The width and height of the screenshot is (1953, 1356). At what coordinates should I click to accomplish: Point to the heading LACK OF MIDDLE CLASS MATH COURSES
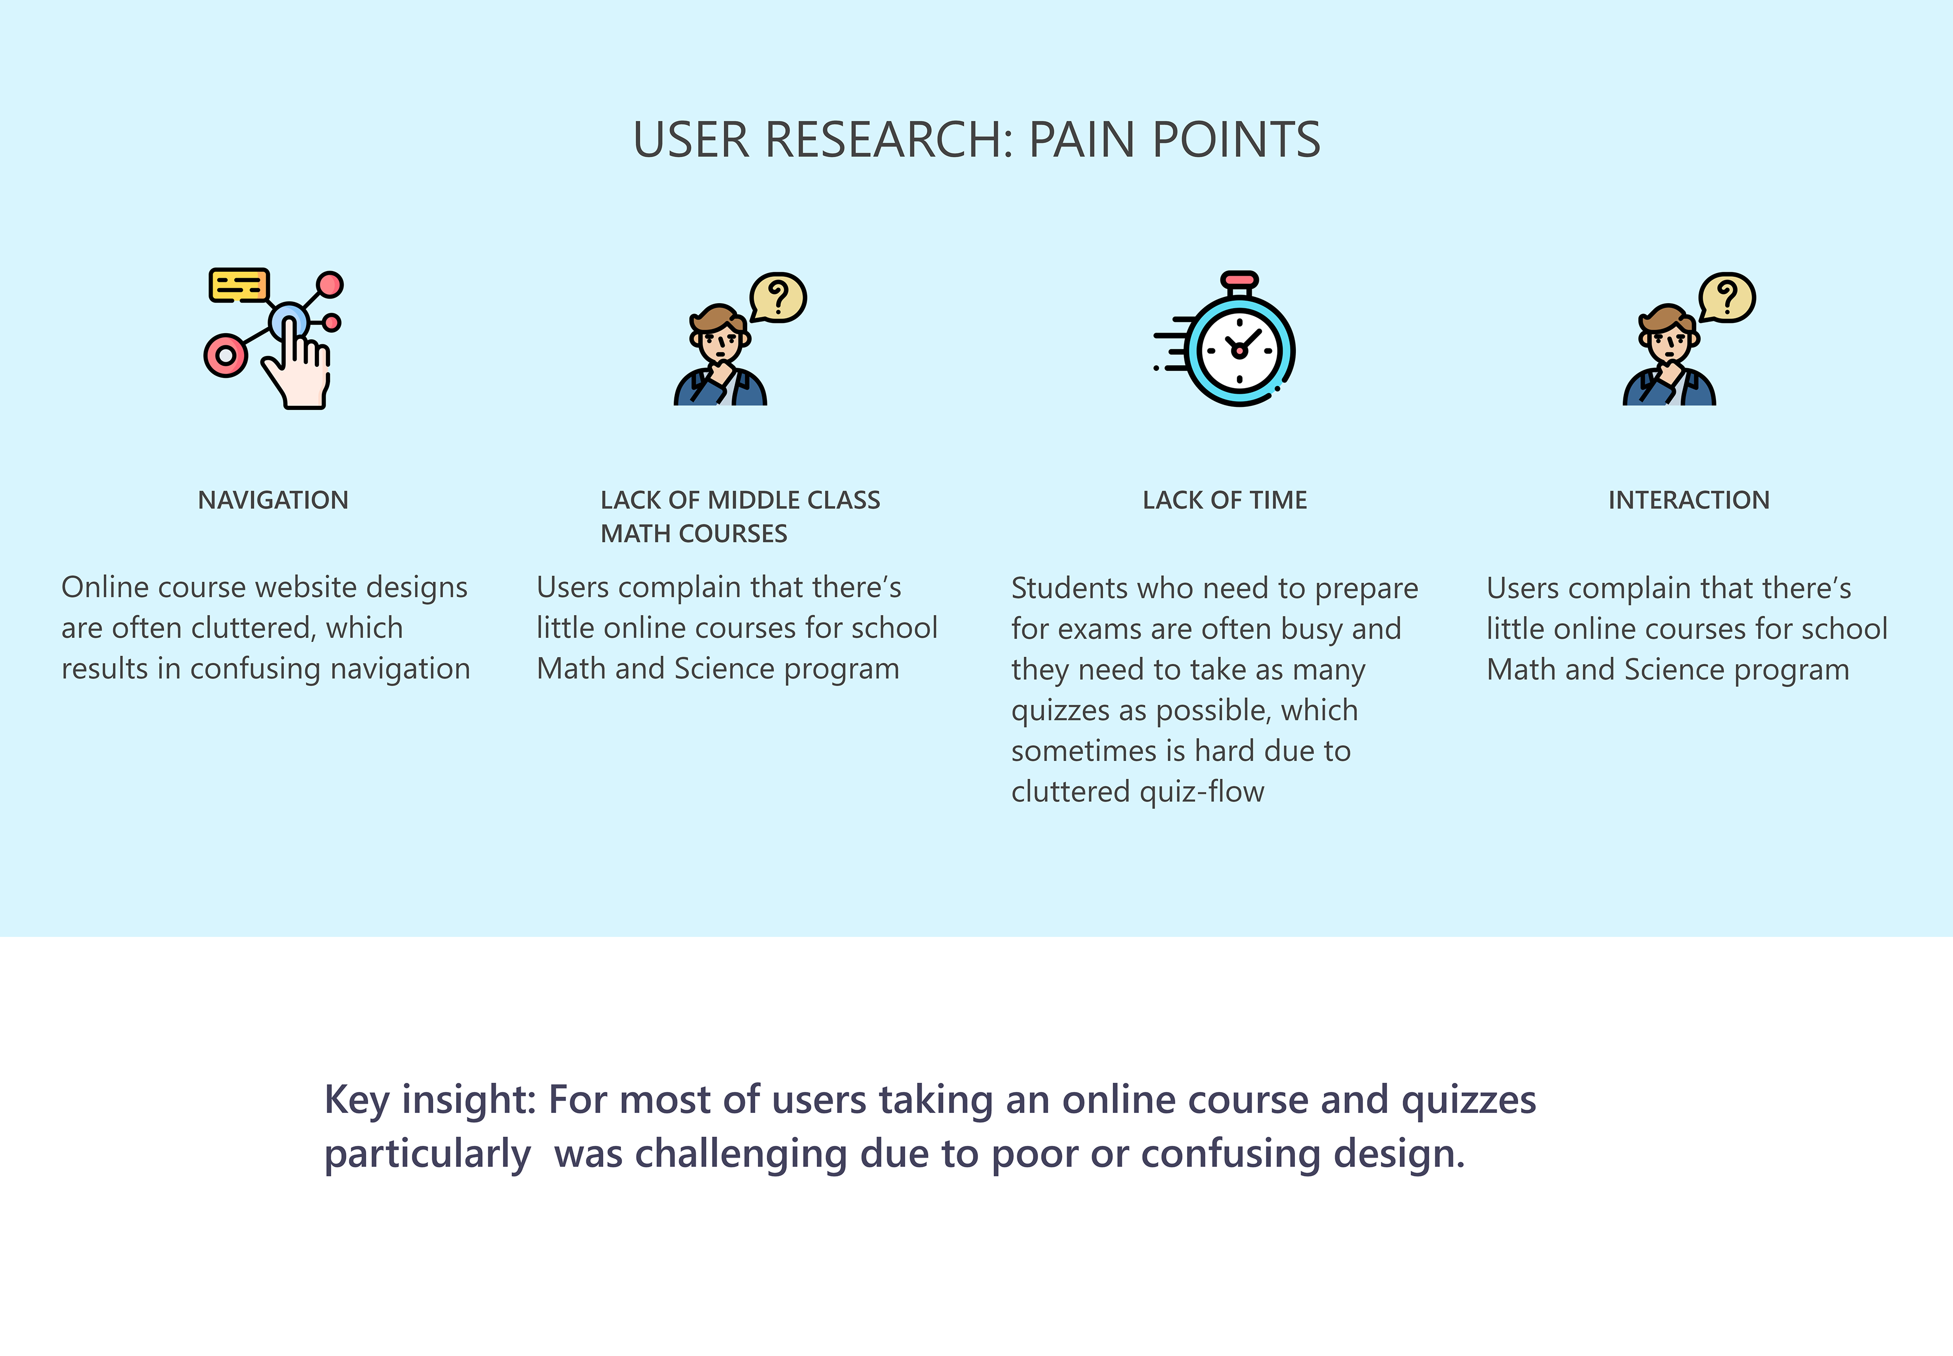(x=740, y=517)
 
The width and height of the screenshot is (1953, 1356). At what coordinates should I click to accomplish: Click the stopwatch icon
(x=1225, y=339)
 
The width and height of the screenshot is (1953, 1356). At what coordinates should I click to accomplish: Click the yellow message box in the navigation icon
(x=239, y=285)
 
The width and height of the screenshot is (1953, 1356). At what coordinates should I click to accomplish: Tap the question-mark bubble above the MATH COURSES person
(x=777, y=298)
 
